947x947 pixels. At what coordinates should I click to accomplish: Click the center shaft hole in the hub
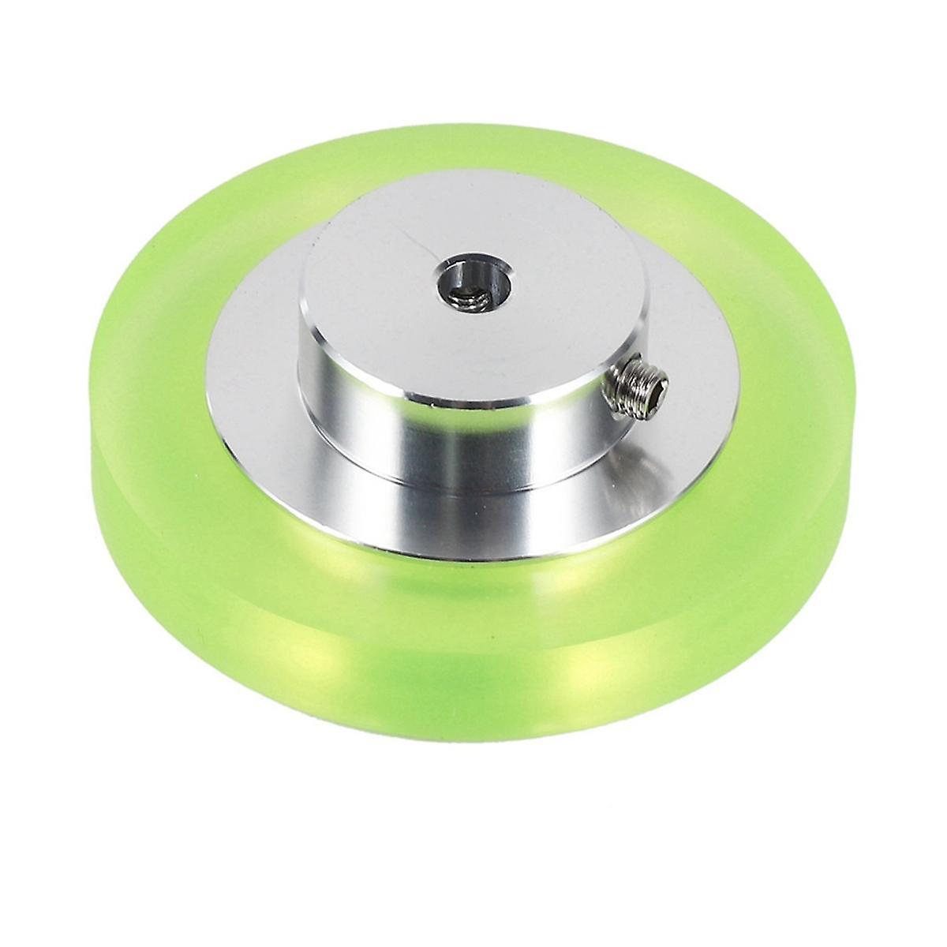click(x=470, y=283)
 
